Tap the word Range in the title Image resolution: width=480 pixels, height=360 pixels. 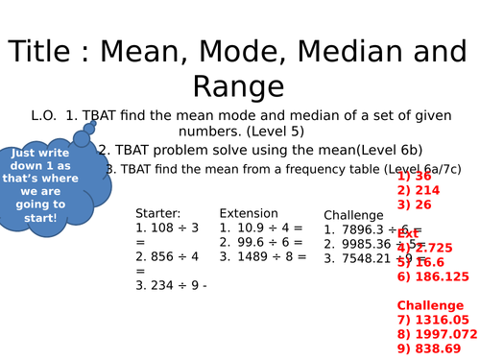point(240,86)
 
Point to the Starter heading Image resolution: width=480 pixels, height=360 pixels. point(158,213)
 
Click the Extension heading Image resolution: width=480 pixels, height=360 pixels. point(249,213)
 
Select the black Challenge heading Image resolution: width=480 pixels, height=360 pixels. point(353,215)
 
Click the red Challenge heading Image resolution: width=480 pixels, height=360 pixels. point(430,305)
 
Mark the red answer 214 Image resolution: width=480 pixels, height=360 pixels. point(417,190)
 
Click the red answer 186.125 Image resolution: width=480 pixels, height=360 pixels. point(433,276)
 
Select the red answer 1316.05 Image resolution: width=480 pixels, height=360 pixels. point(432,320)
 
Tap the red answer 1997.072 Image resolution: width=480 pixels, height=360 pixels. point(437,334)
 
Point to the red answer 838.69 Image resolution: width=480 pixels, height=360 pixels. point(429,348)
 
